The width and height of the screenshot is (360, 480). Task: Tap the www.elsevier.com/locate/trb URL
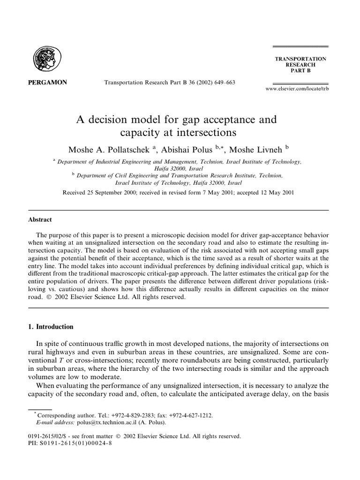point(294,89)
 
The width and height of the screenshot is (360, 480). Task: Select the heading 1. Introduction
point(53,326)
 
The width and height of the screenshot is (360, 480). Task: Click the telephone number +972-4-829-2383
point(127,415)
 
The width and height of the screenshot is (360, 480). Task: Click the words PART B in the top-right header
point(300,71)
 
